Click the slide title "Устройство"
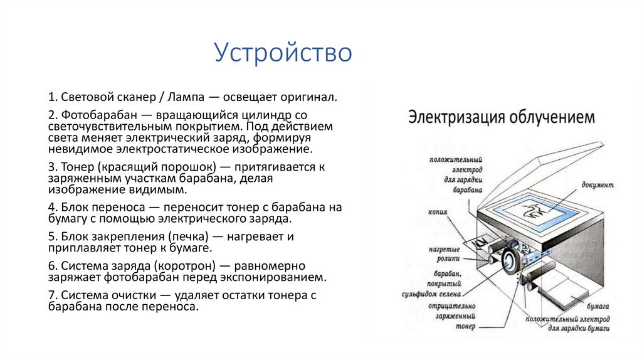(283, 53)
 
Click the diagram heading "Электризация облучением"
(502, 117)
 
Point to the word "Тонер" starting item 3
(78, 167)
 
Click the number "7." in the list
(53, 296)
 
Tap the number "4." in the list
(53, 207)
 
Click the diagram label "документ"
(597, 186)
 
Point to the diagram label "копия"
(438, 211)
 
